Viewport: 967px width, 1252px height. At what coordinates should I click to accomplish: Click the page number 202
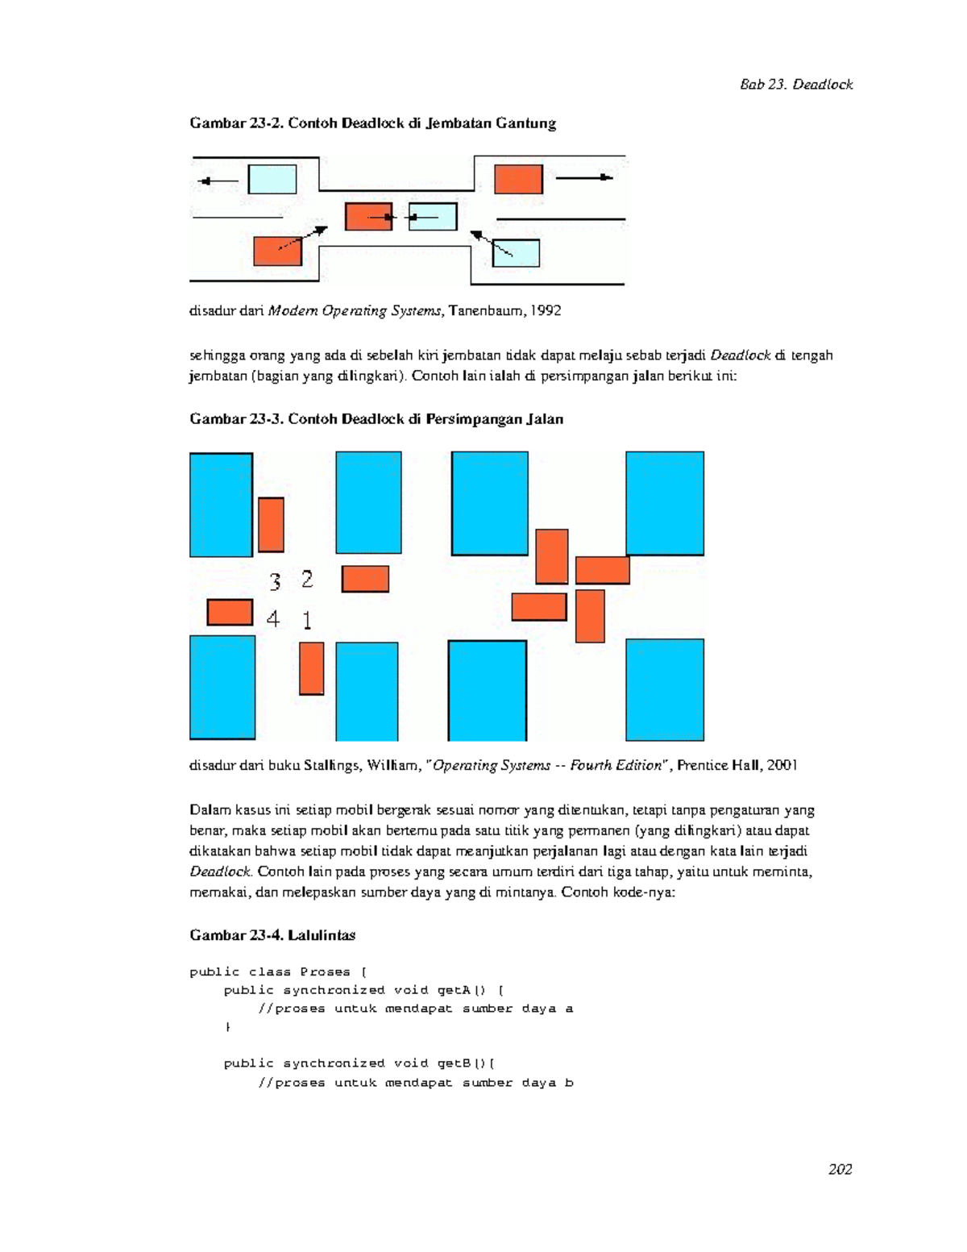[840, 1169]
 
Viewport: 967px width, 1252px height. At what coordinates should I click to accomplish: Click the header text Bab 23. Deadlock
[796, 85]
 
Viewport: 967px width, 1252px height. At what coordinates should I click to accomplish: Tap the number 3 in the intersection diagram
[276, 581]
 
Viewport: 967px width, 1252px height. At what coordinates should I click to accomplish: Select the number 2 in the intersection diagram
[307, 579]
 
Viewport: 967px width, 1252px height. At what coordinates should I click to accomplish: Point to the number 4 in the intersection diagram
[273, 619]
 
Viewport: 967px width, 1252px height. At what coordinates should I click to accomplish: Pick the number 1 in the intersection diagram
[307, 620]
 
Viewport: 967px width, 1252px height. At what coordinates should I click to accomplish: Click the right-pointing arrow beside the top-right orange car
[584, 177]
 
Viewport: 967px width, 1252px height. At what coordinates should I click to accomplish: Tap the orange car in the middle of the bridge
[368, 217]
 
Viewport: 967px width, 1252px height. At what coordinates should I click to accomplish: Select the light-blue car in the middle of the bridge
[433, 217]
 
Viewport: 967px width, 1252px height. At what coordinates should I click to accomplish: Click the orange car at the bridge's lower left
[277, 252]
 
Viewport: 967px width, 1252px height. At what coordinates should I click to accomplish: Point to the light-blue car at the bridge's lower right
[516, 253]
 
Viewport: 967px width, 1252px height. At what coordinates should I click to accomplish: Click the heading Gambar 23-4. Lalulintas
[272, 935]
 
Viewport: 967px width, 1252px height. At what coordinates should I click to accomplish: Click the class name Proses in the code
[325, 972]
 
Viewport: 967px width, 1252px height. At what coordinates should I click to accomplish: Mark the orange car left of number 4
[230, 612]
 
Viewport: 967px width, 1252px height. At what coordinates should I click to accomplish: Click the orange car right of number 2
[365, 579]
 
